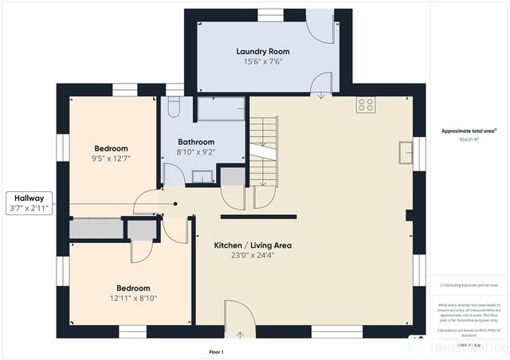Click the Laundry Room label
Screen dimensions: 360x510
[x=262, y=52]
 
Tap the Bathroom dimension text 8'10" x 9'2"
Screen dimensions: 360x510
[x=195, y=152]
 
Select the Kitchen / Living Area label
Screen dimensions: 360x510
[x=253, y=245]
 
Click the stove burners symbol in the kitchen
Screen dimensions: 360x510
[x=366, y=105]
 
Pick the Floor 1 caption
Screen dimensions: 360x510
[x=215, y=351]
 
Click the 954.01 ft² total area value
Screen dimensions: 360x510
[x=469, y=139]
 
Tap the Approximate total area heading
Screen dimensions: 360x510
[x=469, y=131]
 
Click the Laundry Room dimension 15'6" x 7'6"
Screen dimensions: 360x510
[x=262, y=61]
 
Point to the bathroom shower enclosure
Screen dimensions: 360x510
[x=221, y=109]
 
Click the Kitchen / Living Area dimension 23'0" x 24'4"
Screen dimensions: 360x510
[x=253, y=256]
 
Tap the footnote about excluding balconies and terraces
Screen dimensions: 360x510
[x=469, y=285]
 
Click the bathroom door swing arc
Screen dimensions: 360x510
[x=173, y=174]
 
